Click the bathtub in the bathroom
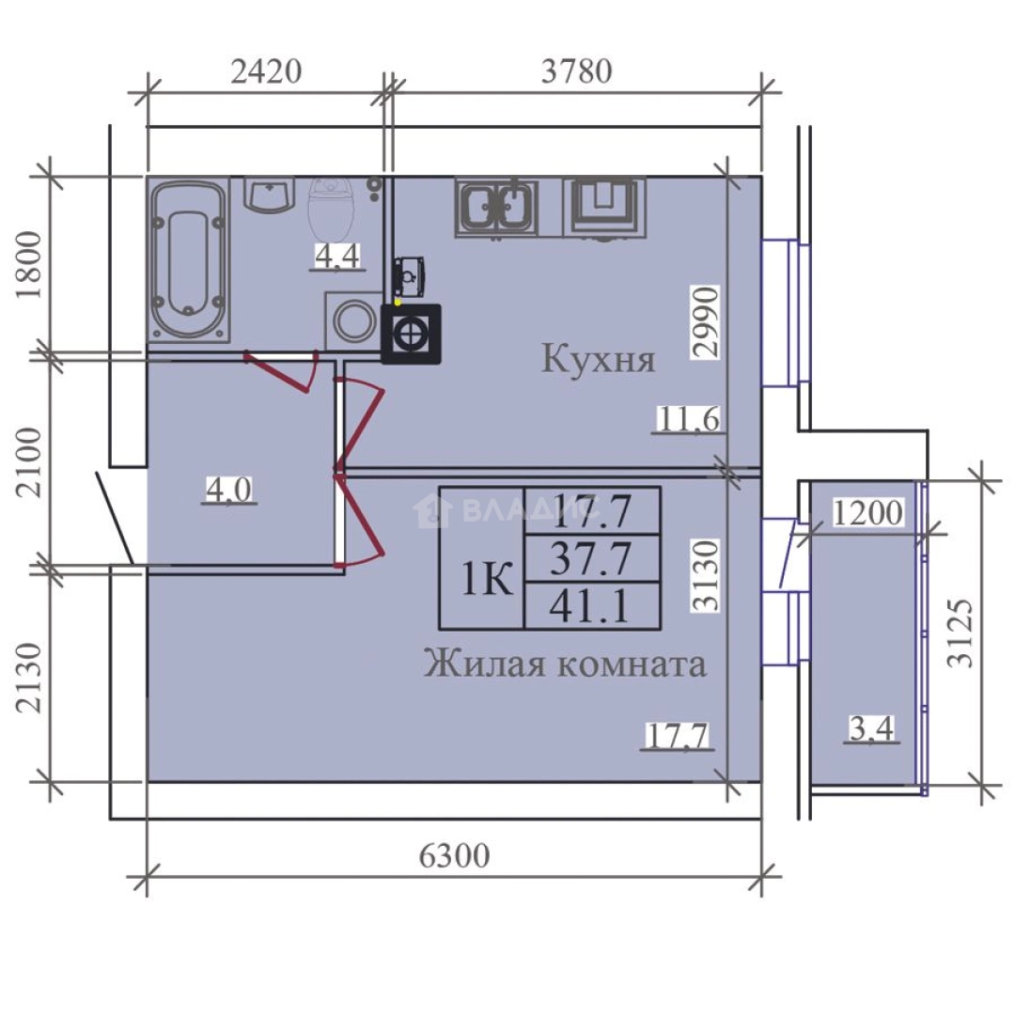188,260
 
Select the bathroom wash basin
269,195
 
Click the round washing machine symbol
353,320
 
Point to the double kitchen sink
496,207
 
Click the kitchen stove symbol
604,207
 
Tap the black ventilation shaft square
411,334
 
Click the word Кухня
598,359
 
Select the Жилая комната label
565,664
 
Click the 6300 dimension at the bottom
455,856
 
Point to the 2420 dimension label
266,71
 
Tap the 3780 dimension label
577,71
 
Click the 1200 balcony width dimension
867,513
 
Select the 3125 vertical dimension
960,632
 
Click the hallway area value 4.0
228,490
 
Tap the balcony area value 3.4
871,728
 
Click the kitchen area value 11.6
688,419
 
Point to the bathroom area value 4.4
336,256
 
